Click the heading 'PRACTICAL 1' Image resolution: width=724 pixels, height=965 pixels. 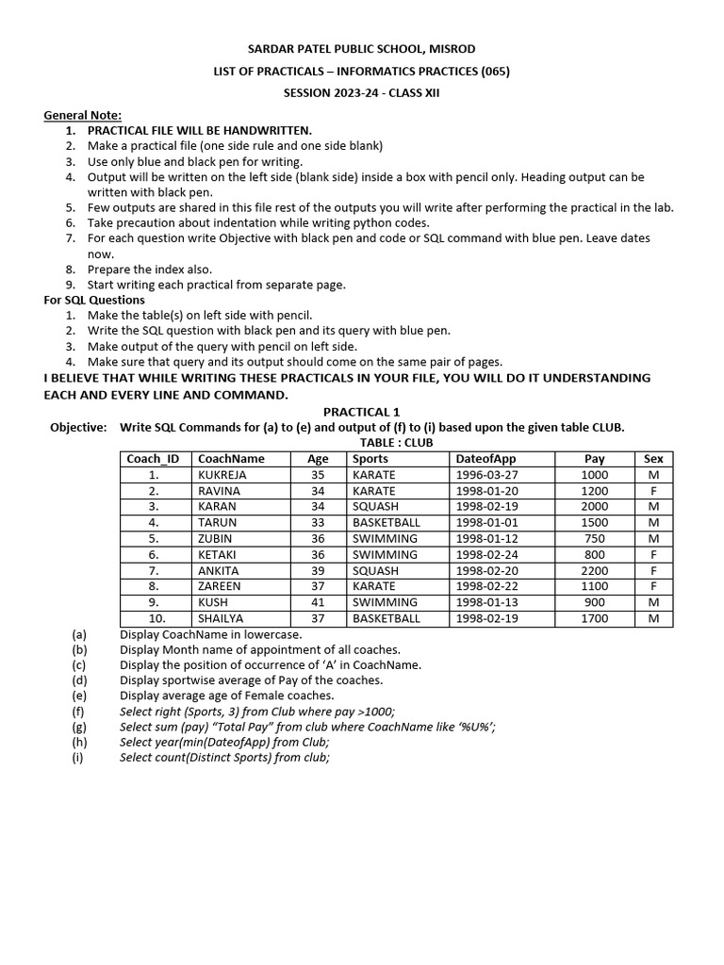[362, 412]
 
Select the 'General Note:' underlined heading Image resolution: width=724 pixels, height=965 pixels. [82, 115]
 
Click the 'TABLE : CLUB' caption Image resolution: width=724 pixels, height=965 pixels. [396, 443]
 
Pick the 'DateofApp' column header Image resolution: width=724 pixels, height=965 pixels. [485, 459]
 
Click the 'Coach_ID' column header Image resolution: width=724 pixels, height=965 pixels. [154, 459]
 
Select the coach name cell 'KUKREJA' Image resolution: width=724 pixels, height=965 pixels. [219, 475]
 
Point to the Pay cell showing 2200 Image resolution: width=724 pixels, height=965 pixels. [595, 571]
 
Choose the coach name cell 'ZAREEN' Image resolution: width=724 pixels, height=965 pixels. [219, 586]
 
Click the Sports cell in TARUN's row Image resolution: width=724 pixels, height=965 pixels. [386, 522]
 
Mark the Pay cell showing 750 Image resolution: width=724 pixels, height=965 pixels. [595, 538]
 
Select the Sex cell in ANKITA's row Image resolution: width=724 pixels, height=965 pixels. [653, 571]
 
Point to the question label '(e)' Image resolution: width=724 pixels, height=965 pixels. [79, 695]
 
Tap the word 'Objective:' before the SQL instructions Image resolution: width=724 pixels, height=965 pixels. [78, 427]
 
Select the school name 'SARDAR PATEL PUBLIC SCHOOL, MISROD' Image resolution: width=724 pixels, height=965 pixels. [362, 49]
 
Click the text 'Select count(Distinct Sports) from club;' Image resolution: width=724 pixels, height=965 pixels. [224, 758]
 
